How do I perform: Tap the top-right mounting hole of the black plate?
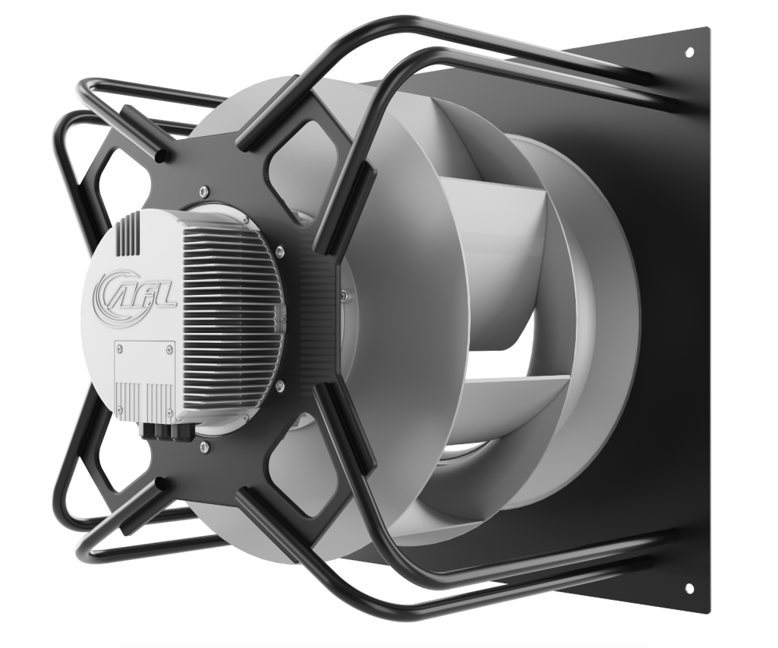(x=689, y=51)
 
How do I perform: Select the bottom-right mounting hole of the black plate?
(x=689, y=588)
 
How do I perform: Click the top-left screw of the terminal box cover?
(x=120, y=350)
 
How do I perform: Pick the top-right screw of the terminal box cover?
(x=170, y=350)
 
